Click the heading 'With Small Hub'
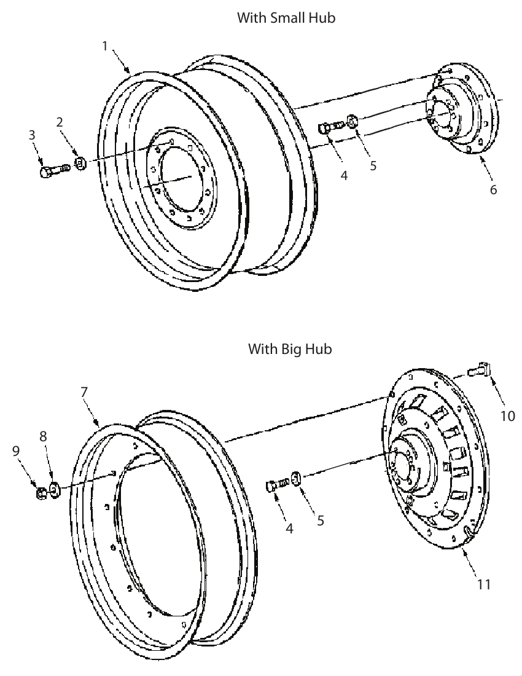[x=286, y=18]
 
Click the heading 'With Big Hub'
[x=290, y=348]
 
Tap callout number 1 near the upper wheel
[x=104, y=45]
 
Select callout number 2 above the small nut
[x=60, y=122]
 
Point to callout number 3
[x=32, y=135]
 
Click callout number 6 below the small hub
[x=493, y=189]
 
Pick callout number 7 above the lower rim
[x=84, y=392]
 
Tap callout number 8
[x=43, y=436]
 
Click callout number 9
[x=16, y=450]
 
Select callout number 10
[x=507, y=415]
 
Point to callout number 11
[x=484, y=584]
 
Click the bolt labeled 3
[x=54, y=170]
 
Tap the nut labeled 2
[x=80, y=163]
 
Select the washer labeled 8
[x=55, y=490]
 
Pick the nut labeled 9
[x=41, y=493]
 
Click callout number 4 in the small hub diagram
[x=344, y=176]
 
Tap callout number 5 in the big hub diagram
[x=321, y=521]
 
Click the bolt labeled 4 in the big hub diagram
[x=278, y=484]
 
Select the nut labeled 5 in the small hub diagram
[x=353, y=120]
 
